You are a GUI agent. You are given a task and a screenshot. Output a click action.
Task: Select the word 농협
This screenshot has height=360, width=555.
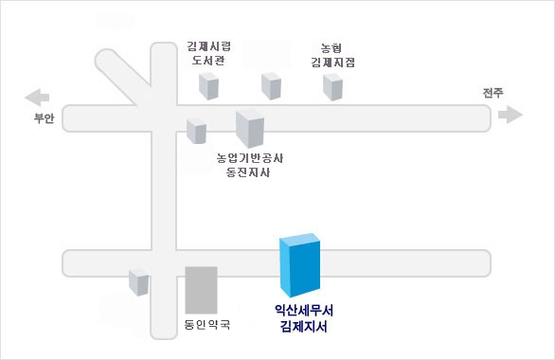point(331,45)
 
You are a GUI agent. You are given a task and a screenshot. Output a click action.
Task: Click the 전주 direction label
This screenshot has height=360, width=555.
point(492,92)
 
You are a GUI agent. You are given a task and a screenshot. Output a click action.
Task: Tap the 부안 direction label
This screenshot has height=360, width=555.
point(45,118)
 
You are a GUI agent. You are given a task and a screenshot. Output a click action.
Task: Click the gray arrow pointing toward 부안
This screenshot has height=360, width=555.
point(37,97)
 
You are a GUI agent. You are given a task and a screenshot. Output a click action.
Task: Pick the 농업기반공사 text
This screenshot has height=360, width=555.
point(250,157)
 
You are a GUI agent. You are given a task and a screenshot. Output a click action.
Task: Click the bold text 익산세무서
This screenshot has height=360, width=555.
point(304,310)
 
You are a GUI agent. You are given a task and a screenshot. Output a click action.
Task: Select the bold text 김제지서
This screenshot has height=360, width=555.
point(304,327)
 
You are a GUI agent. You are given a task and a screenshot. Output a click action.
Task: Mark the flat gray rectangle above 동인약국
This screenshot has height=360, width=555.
point(201,290)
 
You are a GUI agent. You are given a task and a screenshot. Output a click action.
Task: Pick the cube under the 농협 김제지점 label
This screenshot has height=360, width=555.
point(332,86)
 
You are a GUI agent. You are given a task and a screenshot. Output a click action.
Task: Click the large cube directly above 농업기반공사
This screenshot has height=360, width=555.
point(250,128)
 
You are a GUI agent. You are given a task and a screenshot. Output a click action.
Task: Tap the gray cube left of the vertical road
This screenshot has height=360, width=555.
point(139,281)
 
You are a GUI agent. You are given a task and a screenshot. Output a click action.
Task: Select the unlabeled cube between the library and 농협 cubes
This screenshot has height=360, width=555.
point(273,85)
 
